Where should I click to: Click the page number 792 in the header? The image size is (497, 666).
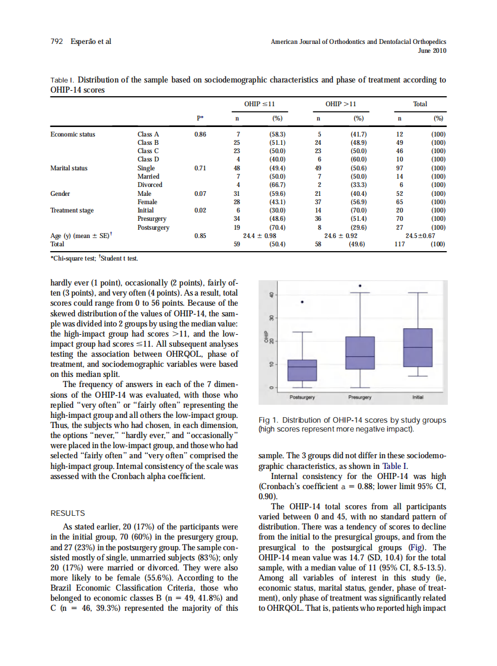pyautogui.click(x=56, y=42)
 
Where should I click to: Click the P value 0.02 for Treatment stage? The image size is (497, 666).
pyautogui.click(x=200, y=210)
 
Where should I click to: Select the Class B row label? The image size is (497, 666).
pyautogui.click(x=148, y=142)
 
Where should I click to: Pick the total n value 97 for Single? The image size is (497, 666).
pyautogui.click(x=399, y=168)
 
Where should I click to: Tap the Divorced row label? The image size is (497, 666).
pyautogui.click(x=149, y=185)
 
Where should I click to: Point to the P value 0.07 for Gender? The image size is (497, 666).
pyautogui.click(x=200, y=194)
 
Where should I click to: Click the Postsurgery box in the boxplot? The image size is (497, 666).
pyautogui.click(x=302, y=370)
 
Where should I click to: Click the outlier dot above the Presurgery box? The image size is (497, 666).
pyautogui.click(x=360, y=286)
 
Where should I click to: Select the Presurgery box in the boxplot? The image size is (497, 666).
pyautogui.click(x=360, y=353)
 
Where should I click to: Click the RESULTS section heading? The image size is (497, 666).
pyautogui.click(x=68, y=513)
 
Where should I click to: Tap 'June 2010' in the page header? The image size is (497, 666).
pyautogui.click(x=432, y=51)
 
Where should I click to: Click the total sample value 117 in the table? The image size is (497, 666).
pyautogui.click(x=399, y=244)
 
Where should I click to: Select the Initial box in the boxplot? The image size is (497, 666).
pyautogui.click(x=418, y=347)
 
